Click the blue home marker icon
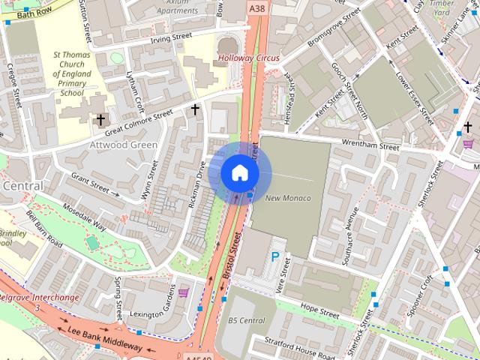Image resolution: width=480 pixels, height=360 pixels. pos(239,172)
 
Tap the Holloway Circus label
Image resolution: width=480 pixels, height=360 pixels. pos(248,58)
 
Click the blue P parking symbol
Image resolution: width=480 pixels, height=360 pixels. pos(275,257)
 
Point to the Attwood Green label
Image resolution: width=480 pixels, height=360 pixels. pos(124,145)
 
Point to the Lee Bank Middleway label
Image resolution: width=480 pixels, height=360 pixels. pos(105,340)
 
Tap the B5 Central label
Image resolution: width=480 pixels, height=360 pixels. pos(246,320)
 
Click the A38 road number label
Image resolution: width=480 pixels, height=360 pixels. pos(256,7)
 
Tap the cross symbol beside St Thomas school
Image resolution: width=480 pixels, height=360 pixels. pos(100,119)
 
